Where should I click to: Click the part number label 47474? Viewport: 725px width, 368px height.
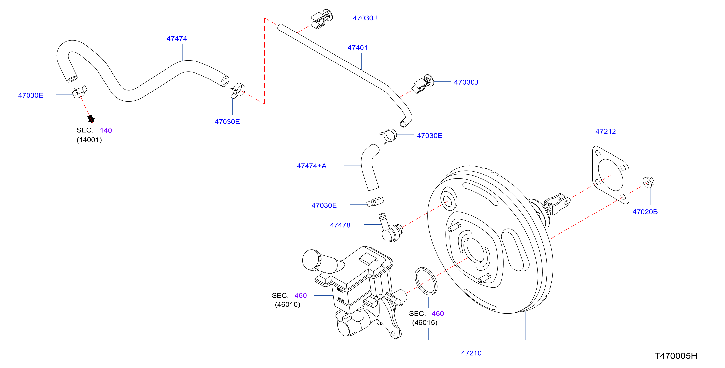tap(177, 39)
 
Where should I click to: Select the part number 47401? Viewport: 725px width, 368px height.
tap(358, 48)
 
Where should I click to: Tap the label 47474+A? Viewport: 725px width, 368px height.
tap(311, 166)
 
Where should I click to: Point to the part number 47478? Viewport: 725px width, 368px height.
tap(340, 225)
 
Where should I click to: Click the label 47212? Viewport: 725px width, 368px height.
tap(605, 131)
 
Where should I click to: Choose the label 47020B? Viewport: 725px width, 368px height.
tap(645, 212)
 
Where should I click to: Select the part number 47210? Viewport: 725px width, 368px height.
tap(471, 353)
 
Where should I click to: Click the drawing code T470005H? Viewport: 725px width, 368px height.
tap(676, 356)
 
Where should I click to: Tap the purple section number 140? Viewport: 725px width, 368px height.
tap(106, 130)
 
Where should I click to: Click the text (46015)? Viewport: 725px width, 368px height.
tap(425, 322)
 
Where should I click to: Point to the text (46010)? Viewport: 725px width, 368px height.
tap(287, 304)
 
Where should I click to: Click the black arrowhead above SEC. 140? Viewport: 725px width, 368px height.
tap(91, 119)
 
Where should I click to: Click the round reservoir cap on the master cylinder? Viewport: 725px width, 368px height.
tap(311, 260)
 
